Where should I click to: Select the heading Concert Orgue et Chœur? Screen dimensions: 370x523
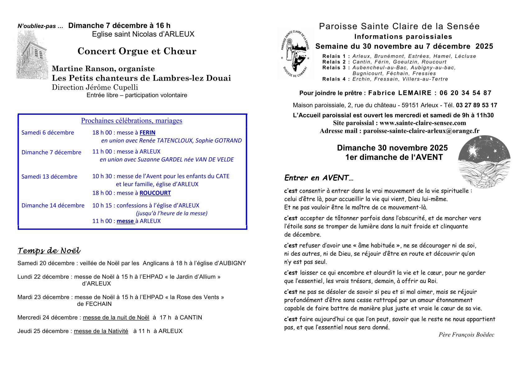(137, 51)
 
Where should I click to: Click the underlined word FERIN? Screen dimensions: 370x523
(147, 133)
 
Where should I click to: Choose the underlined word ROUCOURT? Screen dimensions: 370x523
(155, 193)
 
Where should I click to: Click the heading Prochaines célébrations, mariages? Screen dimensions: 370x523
(131, 121)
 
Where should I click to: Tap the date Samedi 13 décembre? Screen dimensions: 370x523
(49, 177)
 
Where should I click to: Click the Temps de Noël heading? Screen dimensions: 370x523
(49, 251)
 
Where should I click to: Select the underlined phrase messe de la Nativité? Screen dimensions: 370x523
(101, 331)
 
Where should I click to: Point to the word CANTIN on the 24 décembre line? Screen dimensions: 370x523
(191, 318)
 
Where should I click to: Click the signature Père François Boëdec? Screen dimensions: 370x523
(466, 335)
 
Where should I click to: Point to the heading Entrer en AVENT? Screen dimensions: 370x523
(319, 178)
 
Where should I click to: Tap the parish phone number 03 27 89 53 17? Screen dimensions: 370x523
(477, 105)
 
